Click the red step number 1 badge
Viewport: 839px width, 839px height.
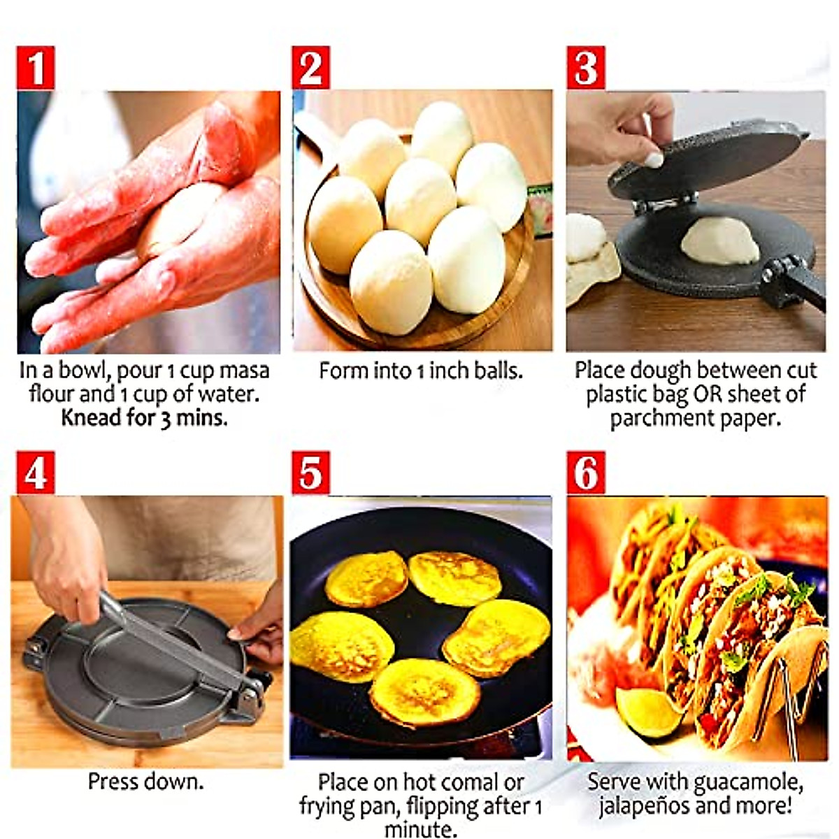(35, 67)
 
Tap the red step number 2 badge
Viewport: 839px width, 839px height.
(310, 67)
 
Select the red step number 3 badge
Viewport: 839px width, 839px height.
(586, 67)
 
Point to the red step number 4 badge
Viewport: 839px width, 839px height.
(35, 473)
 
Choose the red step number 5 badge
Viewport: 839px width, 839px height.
(310, 473)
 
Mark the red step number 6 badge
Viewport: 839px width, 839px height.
(586, 473)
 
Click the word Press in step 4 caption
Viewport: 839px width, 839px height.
(112, 781)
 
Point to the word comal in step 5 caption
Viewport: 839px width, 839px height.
(466, 782)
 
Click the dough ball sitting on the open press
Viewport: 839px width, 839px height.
(719, 241)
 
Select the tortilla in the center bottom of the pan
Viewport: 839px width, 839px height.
(424, 692)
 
